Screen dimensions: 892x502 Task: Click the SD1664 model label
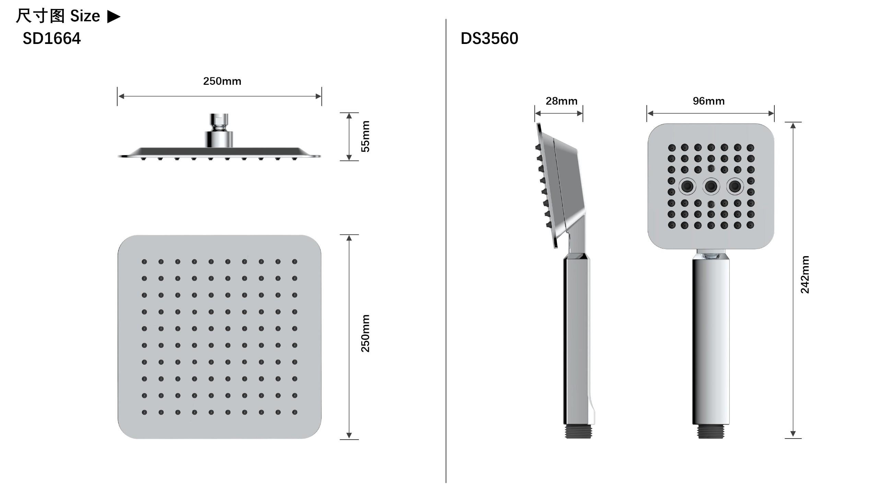tap(51, 38)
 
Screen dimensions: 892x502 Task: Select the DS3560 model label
tap(489, 38)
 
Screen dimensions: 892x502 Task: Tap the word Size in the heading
tap(85, 16)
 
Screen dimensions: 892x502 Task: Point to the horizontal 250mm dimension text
tap(222, 81)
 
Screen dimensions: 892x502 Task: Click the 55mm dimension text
tap(365, 136)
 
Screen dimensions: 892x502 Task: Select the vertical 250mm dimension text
tap(365, 333)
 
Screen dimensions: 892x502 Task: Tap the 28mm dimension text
tap(562, 101)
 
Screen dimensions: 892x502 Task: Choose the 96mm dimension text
tap(709, 101)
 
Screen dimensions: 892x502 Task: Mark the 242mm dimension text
tap(805, 274)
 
